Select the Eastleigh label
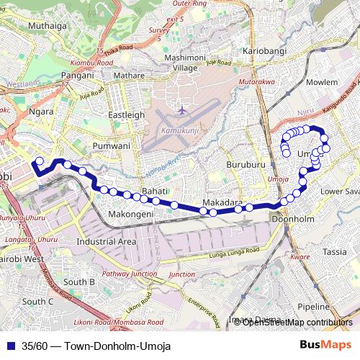(x=126, y=114)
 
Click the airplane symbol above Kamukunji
(x=182, y=111)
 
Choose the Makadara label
(x=222, y=202)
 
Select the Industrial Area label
(x=107, y=242)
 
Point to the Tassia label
(x=335, y=252)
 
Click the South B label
(x=79, y=282)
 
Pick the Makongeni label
(x=130, y=215)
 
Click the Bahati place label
(x=155, y=191)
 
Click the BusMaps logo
(x=320, y=345)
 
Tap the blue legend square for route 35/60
(x=9, y=346)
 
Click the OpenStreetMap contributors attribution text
(x=297, y=323)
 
